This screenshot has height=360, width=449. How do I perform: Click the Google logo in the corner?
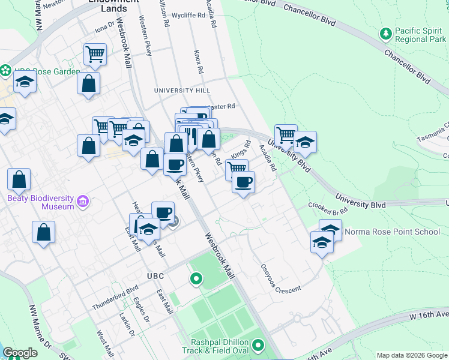coord(20,353)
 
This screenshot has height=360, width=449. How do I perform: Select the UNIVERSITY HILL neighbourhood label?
coord(182,90)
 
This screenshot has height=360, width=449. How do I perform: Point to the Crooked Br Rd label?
coord(328,208)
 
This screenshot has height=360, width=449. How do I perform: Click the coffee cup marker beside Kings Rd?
coord(243,182)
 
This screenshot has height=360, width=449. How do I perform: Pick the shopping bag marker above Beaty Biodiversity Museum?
coord(19,179)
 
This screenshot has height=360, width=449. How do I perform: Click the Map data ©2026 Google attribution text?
coord(411,355)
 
